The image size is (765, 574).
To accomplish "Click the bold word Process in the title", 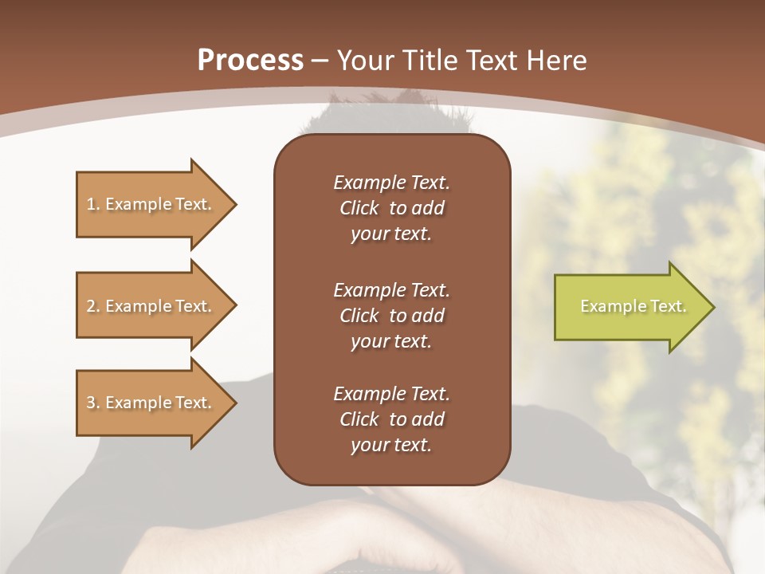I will [250, 61].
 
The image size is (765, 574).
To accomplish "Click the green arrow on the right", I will [630, 307].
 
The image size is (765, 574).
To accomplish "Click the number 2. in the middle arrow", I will [93, 306].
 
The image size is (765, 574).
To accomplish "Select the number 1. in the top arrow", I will [93, 204].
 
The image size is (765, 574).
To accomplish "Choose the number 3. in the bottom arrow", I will [93, 403].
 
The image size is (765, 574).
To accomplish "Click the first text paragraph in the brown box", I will [391, 208].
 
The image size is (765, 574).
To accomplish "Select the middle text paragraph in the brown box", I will [391, 315].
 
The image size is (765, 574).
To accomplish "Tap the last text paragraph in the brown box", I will [391, 419].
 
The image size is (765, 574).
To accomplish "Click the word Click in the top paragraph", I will [359, 208].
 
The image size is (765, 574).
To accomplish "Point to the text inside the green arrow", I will [633, 306].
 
